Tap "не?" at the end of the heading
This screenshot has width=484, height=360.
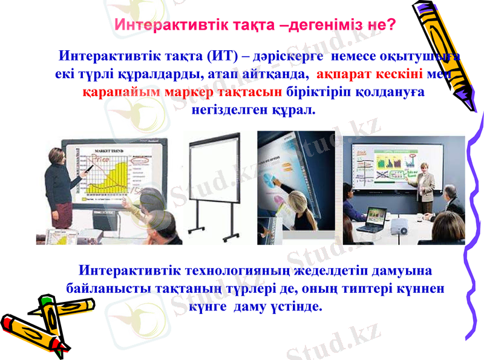click(x=382, y=25)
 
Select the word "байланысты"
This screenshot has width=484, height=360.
click(x=103, y=288)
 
